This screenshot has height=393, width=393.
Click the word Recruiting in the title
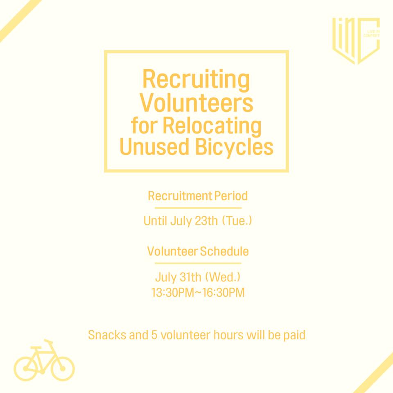point(196,80)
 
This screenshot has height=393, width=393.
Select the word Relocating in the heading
point(212,126)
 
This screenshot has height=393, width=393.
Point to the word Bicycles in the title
point(234,147)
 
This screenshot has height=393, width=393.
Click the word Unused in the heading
point(154,147)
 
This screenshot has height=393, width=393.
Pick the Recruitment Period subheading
point(198,196)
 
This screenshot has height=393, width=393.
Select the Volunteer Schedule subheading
point(198,251)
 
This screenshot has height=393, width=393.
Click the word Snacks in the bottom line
point(107,335)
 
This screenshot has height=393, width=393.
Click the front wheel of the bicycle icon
point(63,369)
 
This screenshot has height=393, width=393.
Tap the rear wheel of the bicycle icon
point(25,369)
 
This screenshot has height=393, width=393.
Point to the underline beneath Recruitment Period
point(198,208)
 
